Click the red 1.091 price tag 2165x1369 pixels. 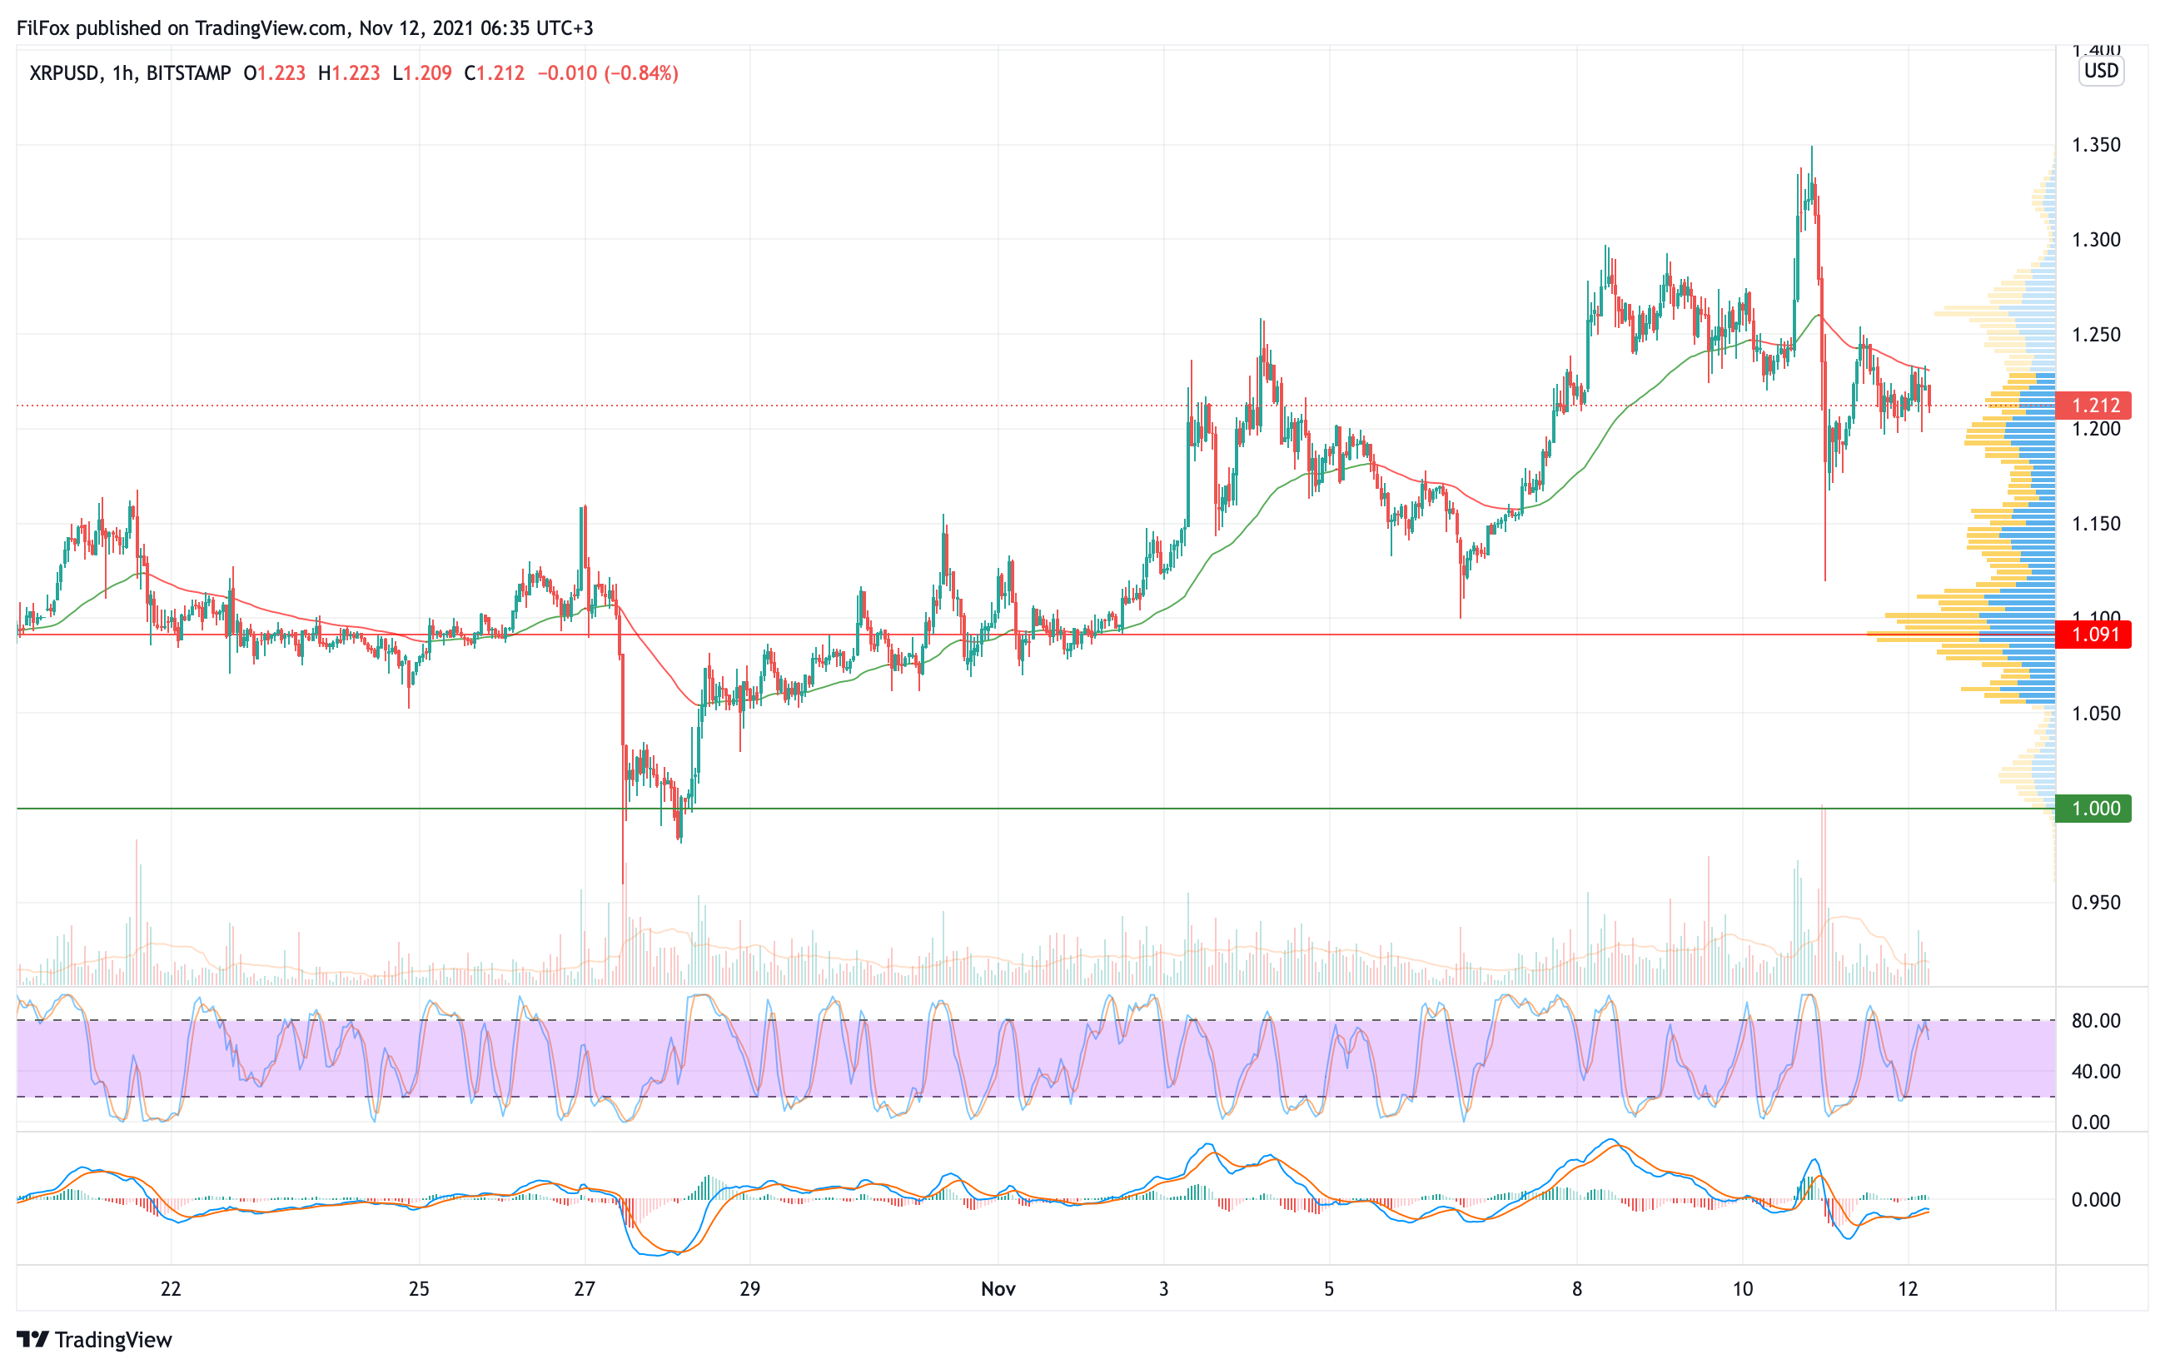coord(2095,635)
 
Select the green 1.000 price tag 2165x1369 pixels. coord(2095,808)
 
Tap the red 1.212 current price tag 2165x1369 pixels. coord(2095,406)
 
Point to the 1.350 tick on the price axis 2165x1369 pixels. coord(2095,145)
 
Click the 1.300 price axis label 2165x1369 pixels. coord(2095,240)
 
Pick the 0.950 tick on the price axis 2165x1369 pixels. coord(2095,903)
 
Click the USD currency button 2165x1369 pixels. coord(2101,71)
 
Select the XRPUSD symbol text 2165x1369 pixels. coord(64,72)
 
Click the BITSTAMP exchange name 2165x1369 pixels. coord(189,72)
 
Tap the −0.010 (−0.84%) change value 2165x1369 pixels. coord(608,72)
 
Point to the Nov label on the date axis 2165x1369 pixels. coord(998,1289)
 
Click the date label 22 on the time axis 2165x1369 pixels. coord(171,1289)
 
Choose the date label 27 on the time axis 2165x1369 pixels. coord(585,1289)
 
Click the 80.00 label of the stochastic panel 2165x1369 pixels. coord(2095,1021)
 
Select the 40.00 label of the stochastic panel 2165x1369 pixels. coord(2095,1072)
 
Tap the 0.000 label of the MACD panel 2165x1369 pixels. coord(2095,1200)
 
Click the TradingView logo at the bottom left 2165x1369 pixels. coord(94,1339)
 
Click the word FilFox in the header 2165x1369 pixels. coord(43,27)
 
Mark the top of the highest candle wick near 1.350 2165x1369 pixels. coord(1812,147)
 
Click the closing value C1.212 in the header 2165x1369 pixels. coord(495,72)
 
